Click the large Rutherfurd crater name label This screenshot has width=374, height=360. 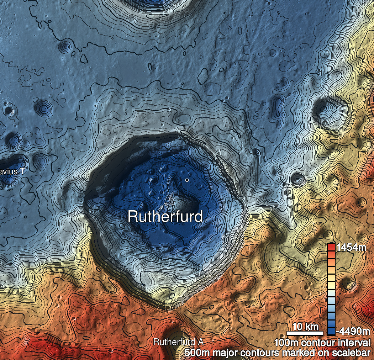[x=165, y=217]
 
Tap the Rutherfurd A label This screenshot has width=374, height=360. [x=178, y=342]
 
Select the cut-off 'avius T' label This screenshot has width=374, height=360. [x=12, y=171]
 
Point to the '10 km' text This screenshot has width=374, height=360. [x=306, y=327]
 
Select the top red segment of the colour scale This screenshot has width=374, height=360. [x=331, y=247]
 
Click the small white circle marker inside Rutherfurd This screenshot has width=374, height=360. [x=187, y=180]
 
